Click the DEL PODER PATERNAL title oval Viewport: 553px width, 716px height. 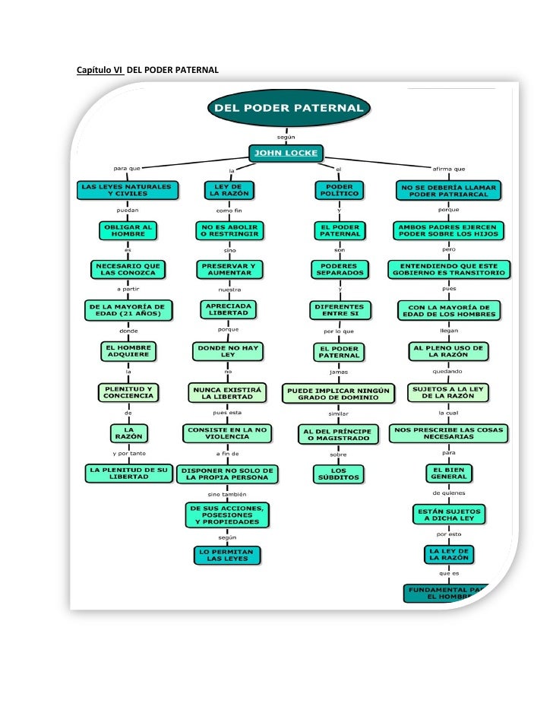[288, 108]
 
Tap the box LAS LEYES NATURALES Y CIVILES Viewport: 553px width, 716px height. [126, 189]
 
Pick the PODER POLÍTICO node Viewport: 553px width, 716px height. [338, 189]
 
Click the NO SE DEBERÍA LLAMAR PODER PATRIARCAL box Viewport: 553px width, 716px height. [449, 190]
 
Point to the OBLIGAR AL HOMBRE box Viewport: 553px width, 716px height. [128, 230]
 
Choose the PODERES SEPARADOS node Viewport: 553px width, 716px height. [338, 269]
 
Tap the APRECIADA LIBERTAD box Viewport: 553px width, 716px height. [229, 309]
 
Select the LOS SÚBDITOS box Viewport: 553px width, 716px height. [338, 474]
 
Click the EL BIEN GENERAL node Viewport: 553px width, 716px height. [449, 473]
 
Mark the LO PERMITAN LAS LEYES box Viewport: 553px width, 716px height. [228, 555]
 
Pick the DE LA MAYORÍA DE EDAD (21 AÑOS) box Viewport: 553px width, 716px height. [128, 309]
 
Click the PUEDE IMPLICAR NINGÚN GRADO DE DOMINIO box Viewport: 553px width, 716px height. [338, 393]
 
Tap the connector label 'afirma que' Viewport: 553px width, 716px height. [448, 169]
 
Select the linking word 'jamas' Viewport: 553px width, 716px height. [338, 372]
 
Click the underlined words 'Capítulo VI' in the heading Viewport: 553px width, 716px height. [100, 71]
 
